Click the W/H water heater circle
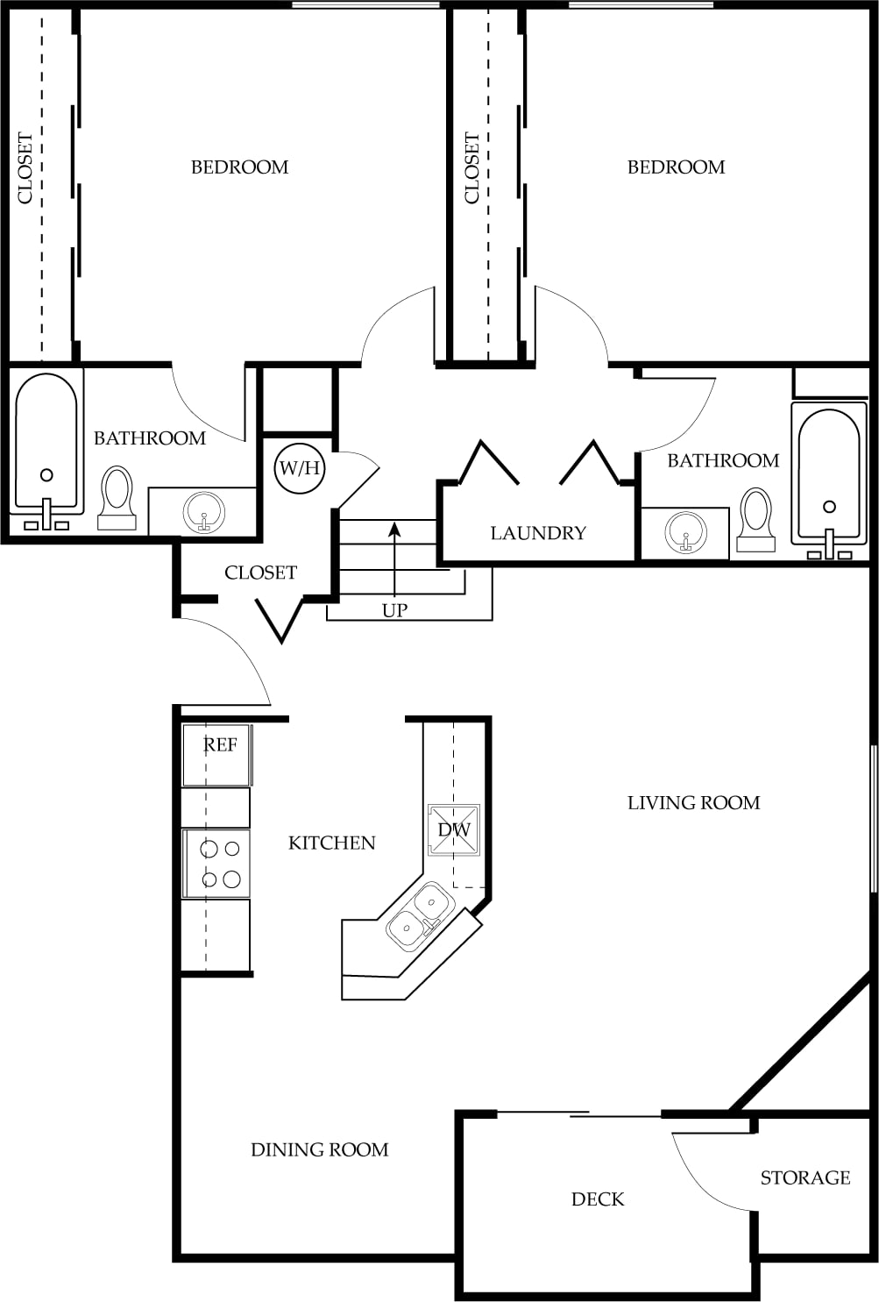click(299, 468)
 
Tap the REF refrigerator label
click(220, 744)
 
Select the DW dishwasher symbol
click(454, 830)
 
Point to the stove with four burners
click(216, 864)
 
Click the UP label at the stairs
click(394, 610)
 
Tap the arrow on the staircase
click(394, 559)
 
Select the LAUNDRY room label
click(538, 533)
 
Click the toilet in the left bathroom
click(117, 497)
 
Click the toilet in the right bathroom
click(755, 520)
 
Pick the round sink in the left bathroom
click(204, 512)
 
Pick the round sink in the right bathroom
click(685, 532)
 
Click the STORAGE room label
click(805, 1177)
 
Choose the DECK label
click(598, 1199)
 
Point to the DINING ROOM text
click(320, 1149)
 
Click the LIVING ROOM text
click(694, 803)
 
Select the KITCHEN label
click(332, 843)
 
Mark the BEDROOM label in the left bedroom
click(240, 167)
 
